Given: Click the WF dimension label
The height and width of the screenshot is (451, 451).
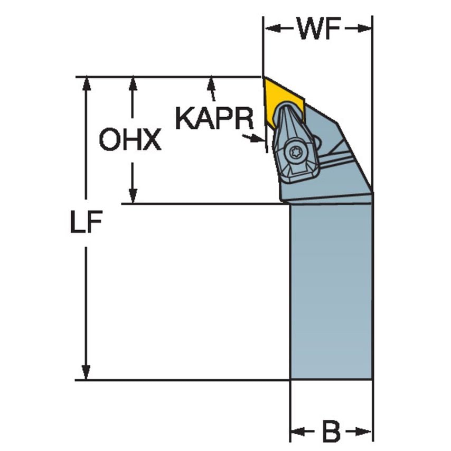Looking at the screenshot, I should (x=317, y=30).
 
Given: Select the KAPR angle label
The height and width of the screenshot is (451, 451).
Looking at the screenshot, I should (x=214, y=119).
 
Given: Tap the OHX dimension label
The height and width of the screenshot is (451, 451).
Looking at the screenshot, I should (x=130, y=140).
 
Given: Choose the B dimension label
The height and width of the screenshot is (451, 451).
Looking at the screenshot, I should (x=332, y=433).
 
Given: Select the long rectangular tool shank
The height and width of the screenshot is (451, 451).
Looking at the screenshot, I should (x=331, y=290).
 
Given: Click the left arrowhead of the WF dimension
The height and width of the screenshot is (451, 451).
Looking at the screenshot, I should (x=269, y=29).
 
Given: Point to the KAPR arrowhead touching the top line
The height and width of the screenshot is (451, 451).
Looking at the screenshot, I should (x=212, y=82).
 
